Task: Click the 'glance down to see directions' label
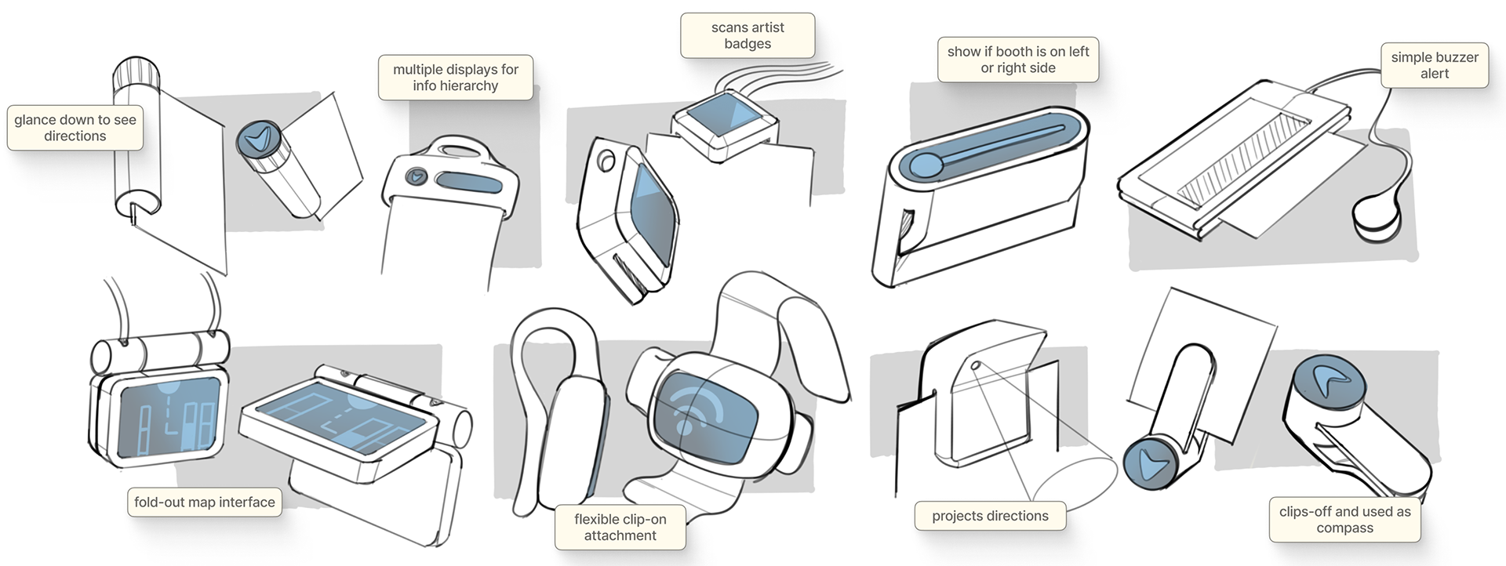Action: click(x=75, y=128)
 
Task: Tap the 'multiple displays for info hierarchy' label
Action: click(x=456, y=78)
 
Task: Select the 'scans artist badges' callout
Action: click(x=748, y=35)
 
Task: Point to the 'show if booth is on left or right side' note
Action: click(x=1018, y=60)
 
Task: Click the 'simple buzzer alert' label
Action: click(x=1435, y=65)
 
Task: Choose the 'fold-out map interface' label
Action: click(x=205, y=503)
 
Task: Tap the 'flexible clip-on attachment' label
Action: click(x=620, y=528)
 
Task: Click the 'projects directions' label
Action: click(x=990, y=516)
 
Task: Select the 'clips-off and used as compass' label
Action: click(x=1344, y=520)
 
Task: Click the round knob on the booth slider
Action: click(x=926, y=165)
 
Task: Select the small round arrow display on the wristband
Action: click(x=417, y=176)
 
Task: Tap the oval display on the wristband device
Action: click(x=469, y=182)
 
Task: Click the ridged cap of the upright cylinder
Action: click(x=138, y=74)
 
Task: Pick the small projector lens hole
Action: click(x=976, y=365)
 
